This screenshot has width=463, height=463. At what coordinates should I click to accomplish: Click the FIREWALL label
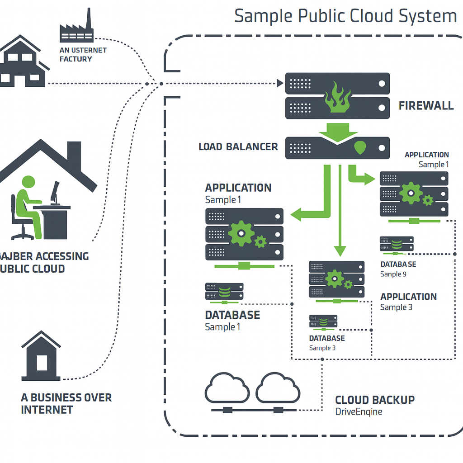click(x=426, y=106)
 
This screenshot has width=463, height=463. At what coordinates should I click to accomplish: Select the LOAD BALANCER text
click(x=238, y=147)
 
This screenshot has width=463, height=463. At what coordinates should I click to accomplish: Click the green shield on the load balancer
click(x=360, y=148)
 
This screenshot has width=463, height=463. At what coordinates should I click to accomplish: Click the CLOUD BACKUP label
click(x=375, y=400)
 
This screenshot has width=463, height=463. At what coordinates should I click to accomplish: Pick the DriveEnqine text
click(x=359, y=412)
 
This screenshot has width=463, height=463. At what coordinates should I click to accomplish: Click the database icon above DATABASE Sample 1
click(x=224, y=292)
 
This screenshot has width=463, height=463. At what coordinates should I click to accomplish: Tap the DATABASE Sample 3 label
click(x=326, y=343)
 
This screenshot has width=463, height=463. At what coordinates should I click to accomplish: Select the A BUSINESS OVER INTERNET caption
click(x=66, y=404)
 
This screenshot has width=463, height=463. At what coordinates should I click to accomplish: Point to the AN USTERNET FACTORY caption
click(x=83, y=55)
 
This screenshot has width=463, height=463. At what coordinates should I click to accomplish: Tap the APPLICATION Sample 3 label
click(x=408, y=302)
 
